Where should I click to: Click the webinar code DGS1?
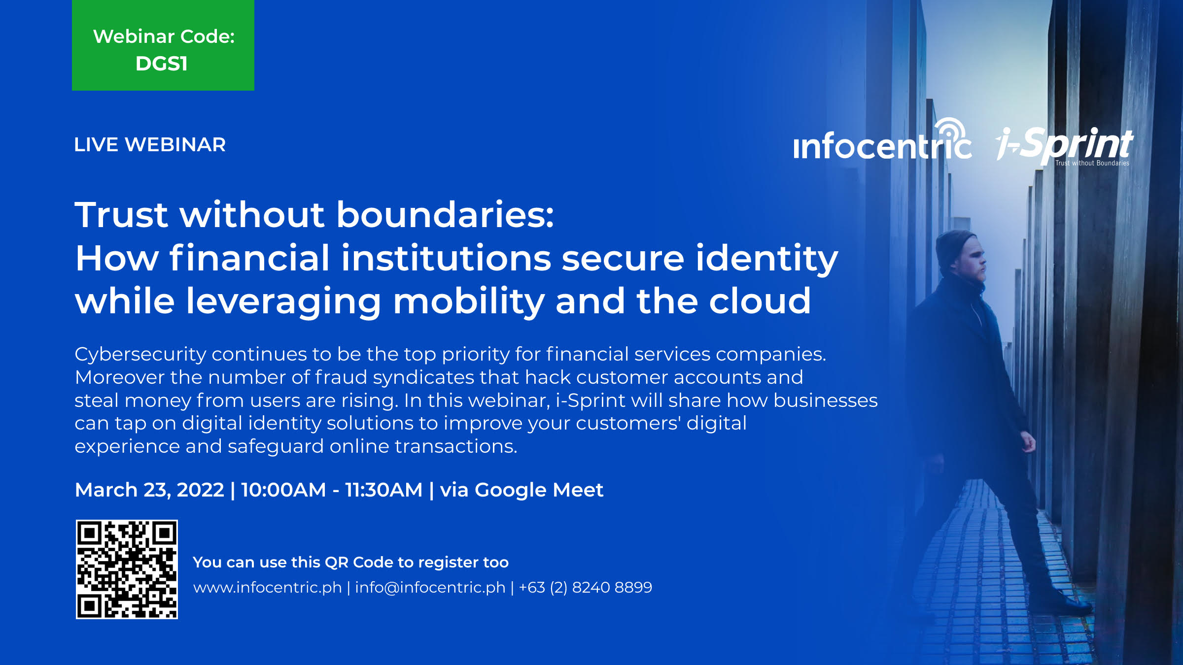click(162, 64)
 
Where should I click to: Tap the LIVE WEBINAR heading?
click(150, 145)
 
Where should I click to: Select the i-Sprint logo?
click(1065, 146)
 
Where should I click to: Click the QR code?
click(127, 569)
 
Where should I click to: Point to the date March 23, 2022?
click(149, 490)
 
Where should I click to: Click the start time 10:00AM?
click(283, 490)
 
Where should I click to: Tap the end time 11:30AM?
click(383, 490)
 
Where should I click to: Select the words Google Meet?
click(539, 490)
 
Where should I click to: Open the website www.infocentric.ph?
click(267, 588)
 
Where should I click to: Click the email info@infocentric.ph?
click(430, 588)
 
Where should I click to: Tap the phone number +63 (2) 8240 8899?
click(586, 588)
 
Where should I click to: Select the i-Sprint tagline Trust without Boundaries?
click(1092, 163)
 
